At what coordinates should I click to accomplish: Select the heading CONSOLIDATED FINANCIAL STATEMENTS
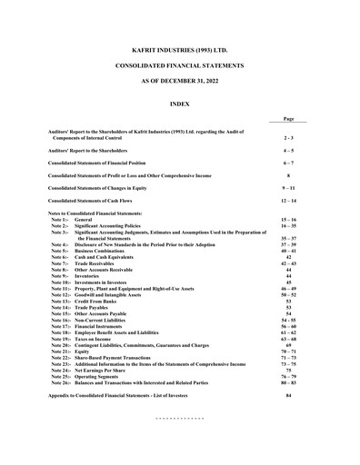pos(180,68)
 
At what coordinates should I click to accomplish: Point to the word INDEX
pos(180,105)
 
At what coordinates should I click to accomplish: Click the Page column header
pos(288,119)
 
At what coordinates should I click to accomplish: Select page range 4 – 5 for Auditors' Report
pos(288,149)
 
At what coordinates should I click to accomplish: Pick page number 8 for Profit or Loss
pos(288,174)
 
